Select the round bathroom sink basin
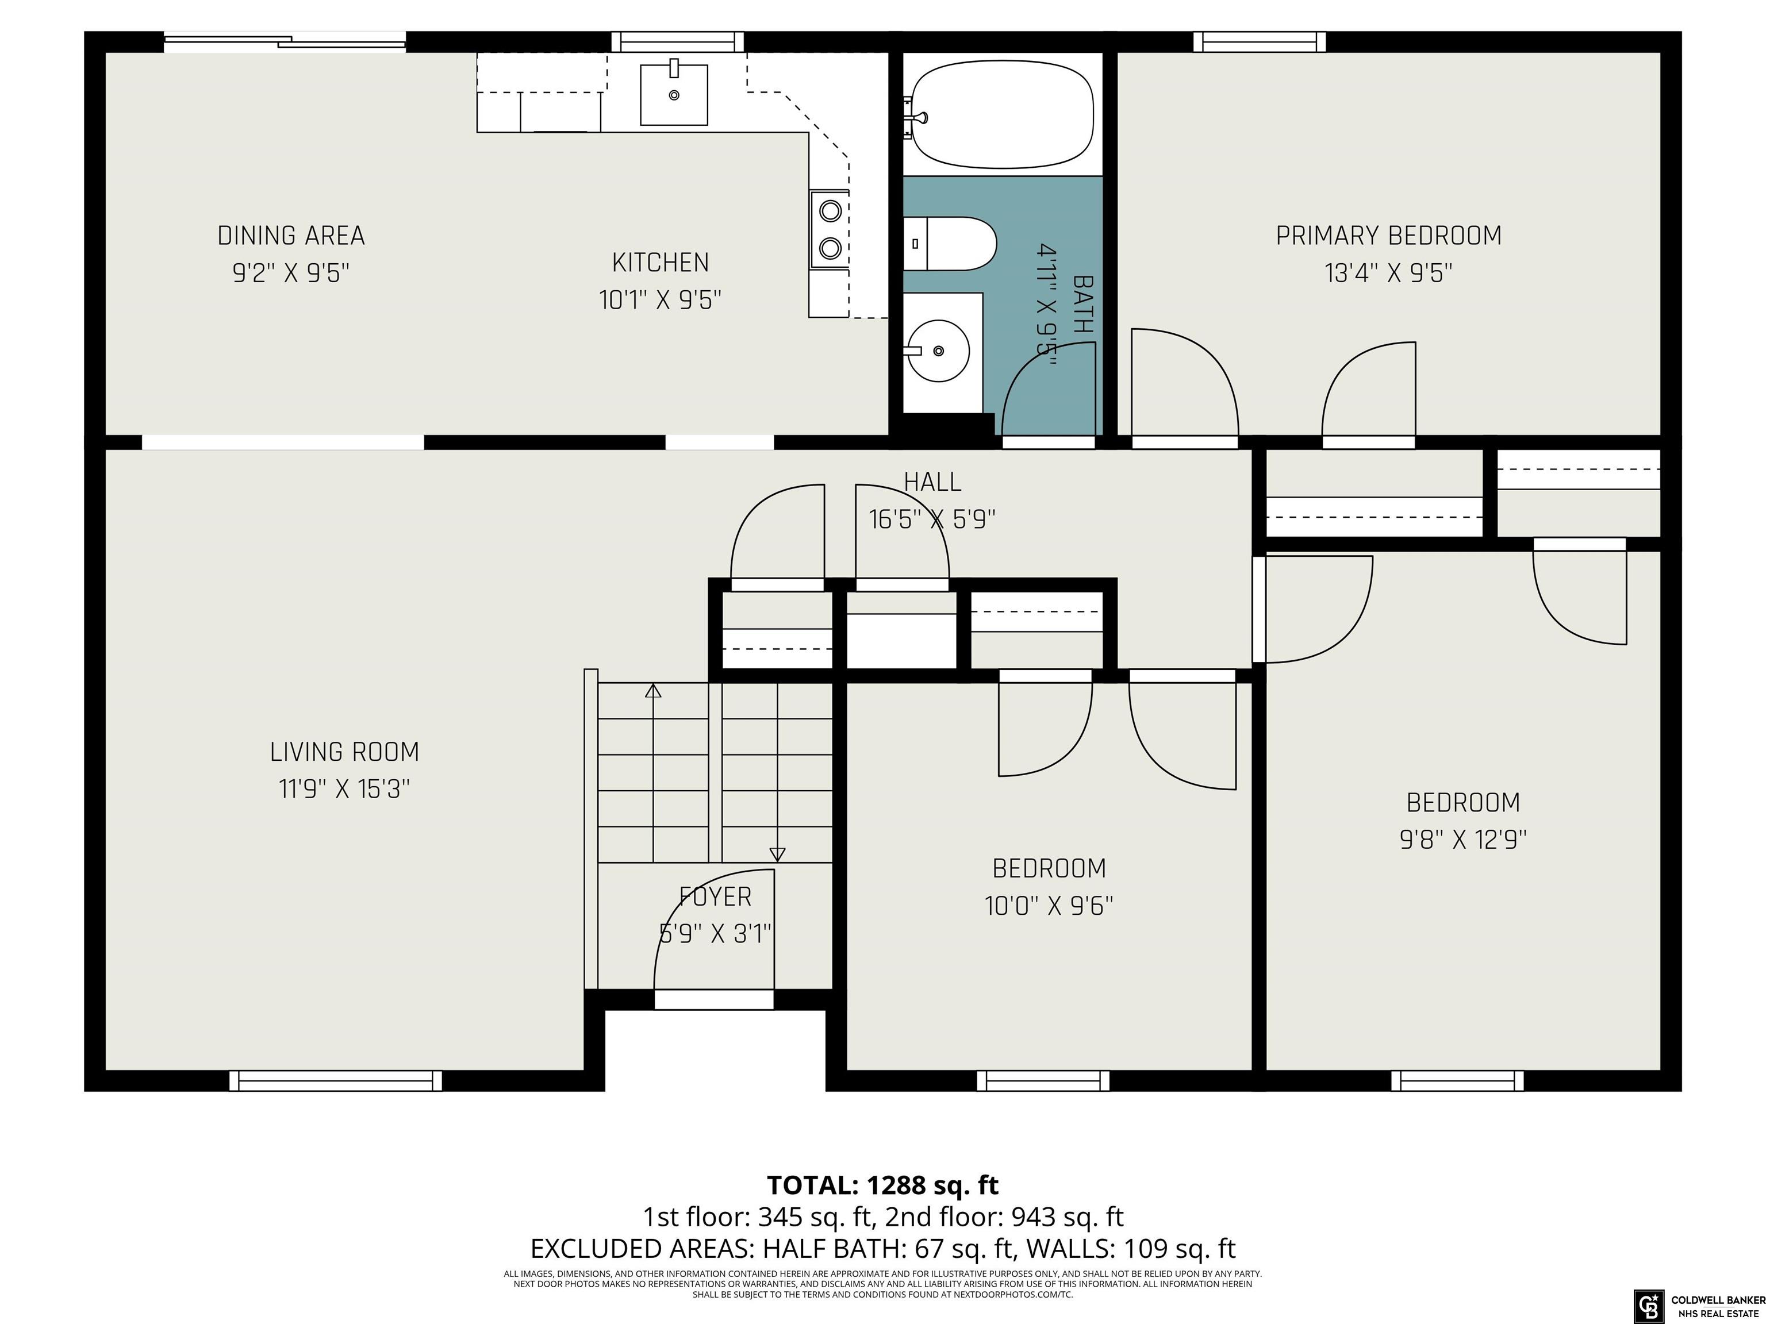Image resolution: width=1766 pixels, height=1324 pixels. pos(938,351)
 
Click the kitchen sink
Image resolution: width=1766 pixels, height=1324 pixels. pos(674,94)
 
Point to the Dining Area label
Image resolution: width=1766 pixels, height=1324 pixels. pos(291,236)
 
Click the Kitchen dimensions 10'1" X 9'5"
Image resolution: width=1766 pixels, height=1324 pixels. pos(661,300)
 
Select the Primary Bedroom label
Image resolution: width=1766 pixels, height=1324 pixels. pos(1388,236)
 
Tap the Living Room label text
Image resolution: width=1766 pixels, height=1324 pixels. pos(344,752)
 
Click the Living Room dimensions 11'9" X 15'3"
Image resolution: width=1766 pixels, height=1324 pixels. pos(344,790)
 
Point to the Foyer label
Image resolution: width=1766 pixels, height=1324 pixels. pos(715,897)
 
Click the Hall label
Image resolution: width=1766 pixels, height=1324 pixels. pos(932,482)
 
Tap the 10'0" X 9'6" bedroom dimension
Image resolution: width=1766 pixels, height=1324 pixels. pos(1049,906)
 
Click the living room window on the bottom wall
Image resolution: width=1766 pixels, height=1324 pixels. pos(335,1080)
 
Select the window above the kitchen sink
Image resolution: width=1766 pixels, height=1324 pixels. pos(678,41)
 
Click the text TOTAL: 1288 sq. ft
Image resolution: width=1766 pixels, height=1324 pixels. pos(882,1185)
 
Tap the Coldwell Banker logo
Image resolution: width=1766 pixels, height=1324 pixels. pos(1646,1305)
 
